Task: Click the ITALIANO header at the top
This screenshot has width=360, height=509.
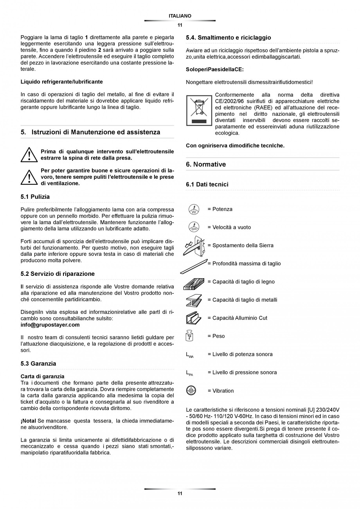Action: (x=180, y=16)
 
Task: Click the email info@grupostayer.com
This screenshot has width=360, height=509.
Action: (x=50, y=325)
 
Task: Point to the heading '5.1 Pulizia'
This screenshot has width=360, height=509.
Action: (x=35, y=197)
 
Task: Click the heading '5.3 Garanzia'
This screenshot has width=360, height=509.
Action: (x=38, y=363)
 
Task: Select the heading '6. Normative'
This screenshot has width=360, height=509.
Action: (x=206, y=164)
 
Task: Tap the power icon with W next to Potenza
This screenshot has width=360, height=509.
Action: (x=194, y=209)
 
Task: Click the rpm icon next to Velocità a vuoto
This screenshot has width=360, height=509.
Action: (x=194, y=227)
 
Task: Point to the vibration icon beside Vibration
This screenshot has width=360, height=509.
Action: (x=191, y=390)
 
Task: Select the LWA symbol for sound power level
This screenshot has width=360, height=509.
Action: (x=190, y=355)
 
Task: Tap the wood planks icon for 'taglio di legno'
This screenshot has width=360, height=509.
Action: (x=194, y=283)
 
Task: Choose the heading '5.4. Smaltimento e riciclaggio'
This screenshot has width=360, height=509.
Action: (x=229, y=38)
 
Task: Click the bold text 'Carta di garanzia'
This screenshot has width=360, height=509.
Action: (x=42, y=376)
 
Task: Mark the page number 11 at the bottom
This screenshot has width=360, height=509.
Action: (x=180, y=494)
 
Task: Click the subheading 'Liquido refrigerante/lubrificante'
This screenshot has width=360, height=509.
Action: (x=62, y=82)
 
